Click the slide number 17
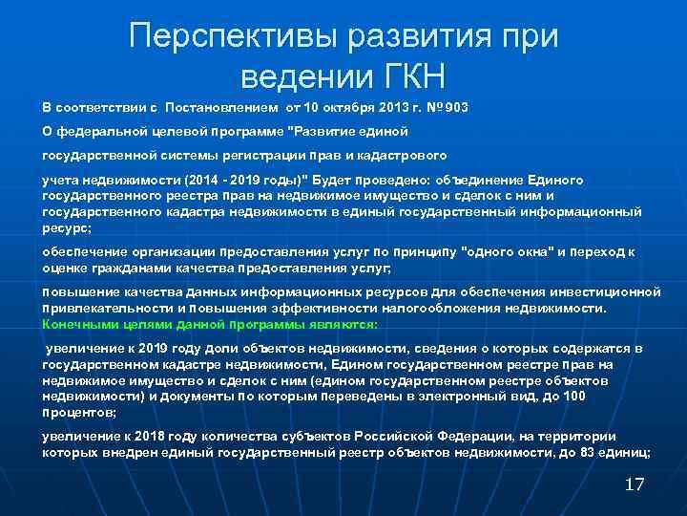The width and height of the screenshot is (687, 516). (x=635, y=484)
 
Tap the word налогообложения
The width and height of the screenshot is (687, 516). (x=468, y=310)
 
